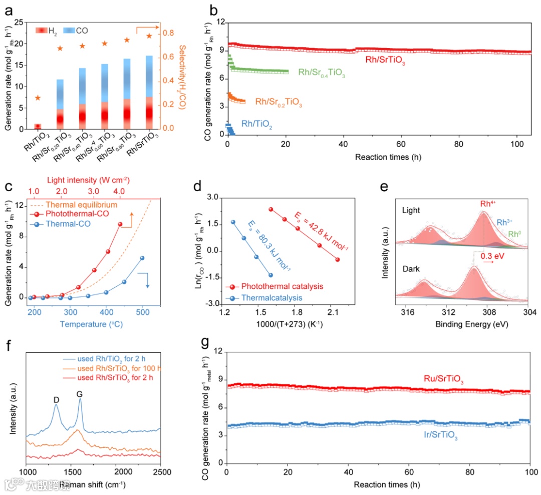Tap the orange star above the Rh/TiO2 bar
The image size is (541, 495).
(x=37, y=98)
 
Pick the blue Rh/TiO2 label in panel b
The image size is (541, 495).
(x=257, y=123)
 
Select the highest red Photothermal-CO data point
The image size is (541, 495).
(x=120, y=224)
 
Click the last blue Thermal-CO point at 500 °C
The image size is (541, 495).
(x=142, y=258)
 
